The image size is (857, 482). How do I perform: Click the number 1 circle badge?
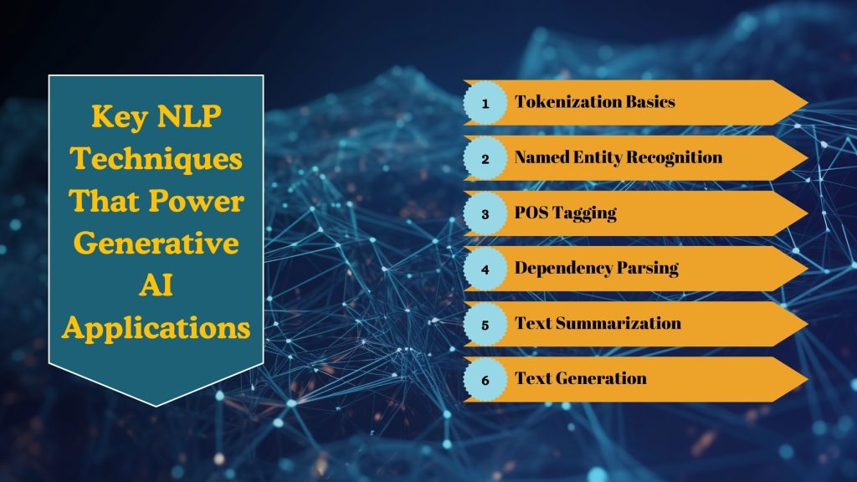point(485,103)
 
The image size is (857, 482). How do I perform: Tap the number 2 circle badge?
point(485,158)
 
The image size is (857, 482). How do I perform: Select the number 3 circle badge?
point(485,213)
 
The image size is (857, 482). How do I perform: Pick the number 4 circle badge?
point(485,269)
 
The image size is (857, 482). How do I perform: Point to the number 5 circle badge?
point(485,324)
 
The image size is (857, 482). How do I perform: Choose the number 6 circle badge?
point(485,379)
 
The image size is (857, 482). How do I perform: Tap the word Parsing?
point(650,269)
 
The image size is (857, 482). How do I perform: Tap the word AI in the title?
point(156,287)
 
